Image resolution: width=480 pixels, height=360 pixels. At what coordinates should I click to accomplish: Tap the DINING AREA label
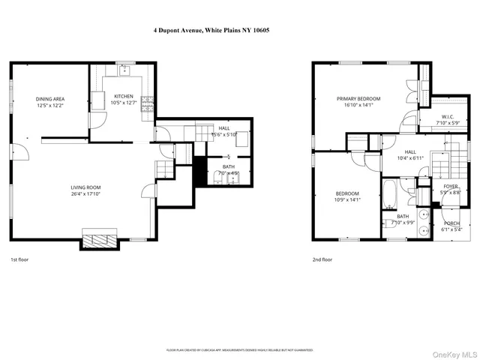click(x=50, y=103)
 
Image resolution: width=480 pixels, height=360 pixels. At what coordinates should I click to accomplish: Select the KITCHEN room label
click(x=123, y=100)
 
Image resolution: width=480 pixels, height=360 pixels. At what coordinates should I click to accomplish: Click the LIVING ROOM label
click(x=85, y=191)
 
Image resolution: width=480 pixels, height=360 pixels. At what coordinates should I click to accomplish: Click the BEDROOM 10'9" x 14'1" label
click(x=346, y=196)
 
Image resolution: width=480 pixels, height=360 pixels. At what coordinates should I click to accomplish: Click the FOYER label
click(x=450, y=189)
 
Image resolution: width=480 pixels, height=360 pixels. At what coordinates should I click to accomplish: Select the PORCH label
click(x=452, y=226)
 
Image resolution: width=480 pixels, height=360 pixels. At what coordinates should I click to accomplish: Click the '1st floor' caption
click(x=20, y=259)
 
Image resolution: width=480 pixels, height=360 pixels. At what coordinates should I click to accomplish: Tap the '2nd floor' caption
click(x=322, y=259)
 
